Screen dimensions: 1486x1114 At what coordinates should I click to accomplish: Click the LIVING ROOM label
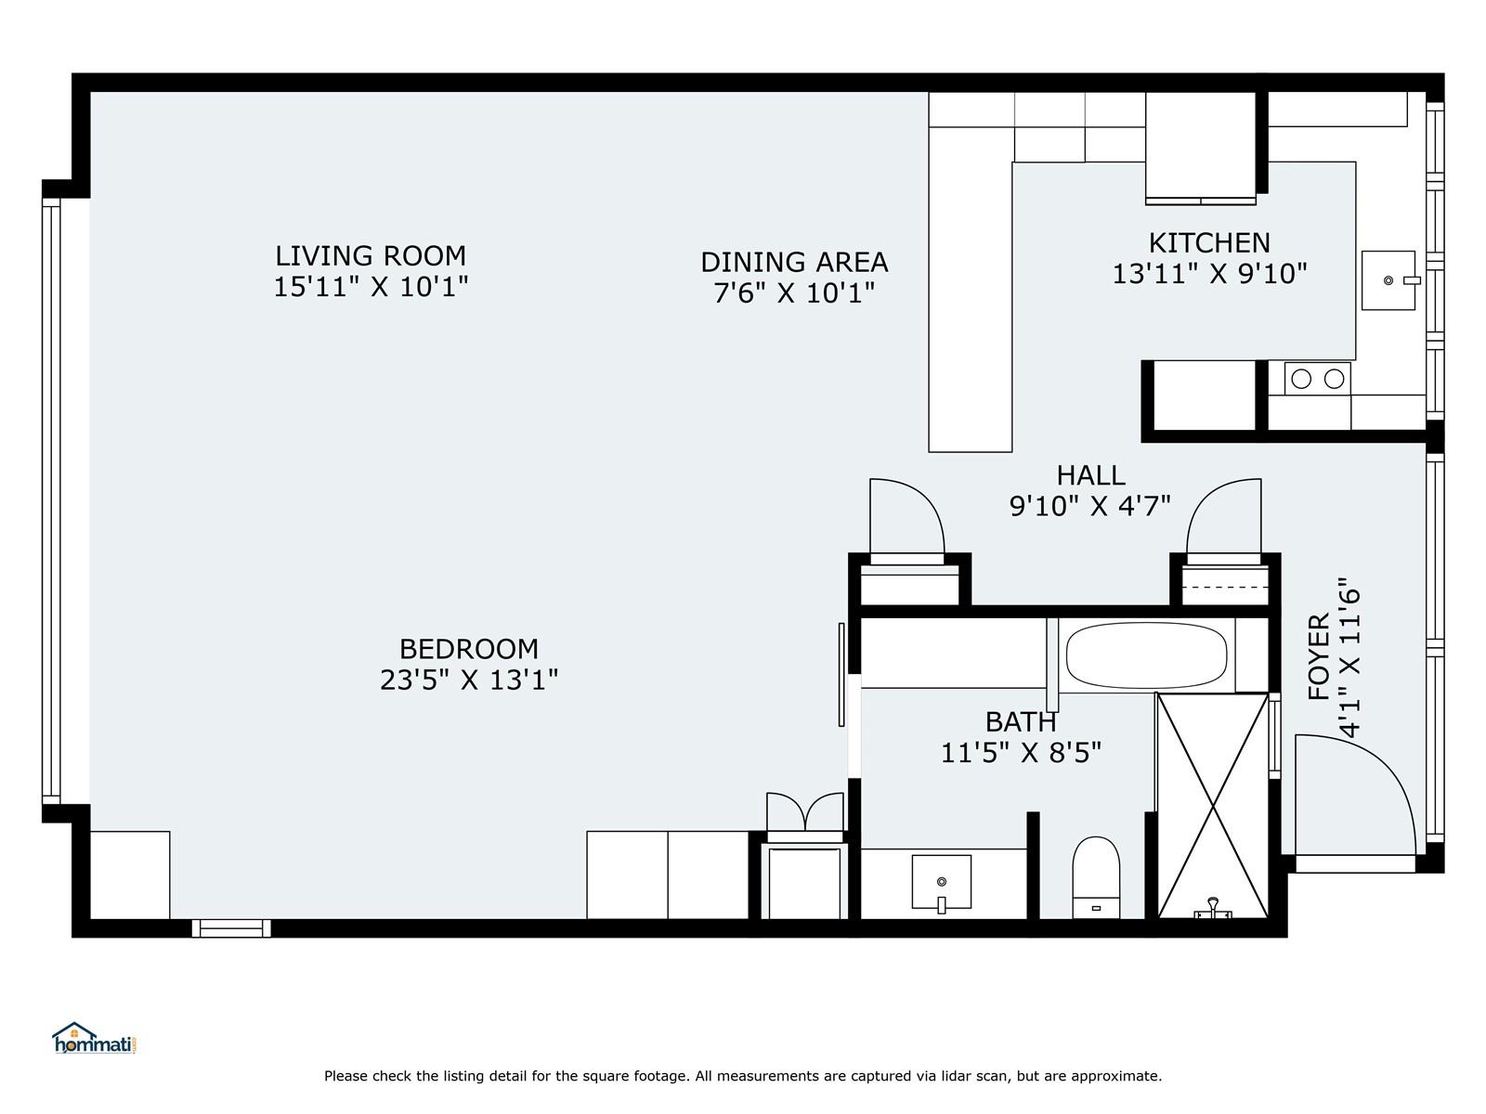coord(371,256)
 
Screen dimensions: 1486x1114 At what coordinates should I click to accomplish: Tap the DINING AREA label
coord(794,263)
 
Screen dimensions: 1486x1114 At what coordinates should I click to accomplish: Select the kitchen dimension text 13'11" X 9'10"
coord(1209,274)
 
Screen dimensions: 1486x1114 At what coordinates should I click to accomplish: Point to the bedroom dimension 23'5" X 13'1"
coord(468,680)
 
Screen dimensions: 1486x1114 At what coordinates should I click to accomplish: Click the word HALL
coord(1090,475)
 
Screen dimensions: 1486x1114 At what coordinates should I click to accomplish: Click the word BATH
coord(1020,722)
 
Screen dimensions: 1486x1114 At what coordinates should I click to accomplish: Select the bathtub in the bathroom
coord(1146,655)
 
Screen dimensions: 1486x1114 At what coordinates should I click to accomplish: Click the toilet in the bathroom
coord(1096,877)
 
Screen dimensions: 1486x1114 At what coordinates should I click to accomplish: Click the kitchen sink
coord(1388,280)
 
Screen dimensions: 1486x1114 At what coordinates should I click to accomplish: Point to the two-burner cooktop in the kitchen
coord(1317,379)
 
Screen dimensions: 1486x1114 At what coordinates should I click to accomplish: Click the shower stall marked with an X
coord(1213,806)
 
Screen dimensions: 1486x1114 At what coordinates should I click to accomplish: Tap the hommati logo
coord(95,1038)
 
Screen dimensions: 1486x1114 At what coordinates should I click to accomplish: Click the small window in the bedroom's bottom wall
coord(231,928)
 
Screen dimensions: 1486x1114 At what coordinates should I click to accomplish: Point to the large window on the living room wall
coord(51,500)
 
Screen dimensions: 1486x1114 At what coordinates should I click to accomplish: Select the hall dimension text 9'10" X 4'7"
coord(1090,507)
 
